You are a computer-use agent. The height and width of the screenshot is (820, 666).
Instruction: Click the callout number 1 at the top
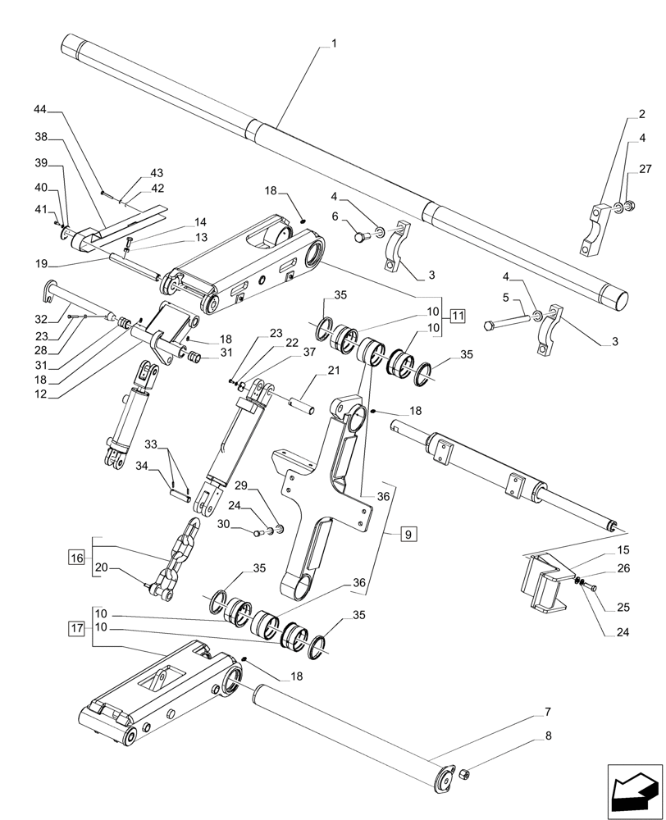(x=333, y=41)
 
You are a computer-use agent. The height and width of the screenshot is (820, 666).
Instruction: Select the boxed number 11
(x=457, y=315)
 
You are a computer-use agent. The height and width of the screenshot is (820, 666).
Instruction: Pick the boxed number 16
(x=76, y=558)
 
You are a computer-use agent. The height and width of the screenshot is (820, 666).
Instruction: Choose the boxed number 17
(x=76, y=629)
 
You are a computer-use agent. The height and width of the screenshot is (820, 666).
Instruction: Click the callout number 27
(x=645, y=170)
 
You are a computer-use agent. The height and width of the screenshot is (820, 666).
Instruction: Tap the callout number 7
(x=547, y=711)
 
